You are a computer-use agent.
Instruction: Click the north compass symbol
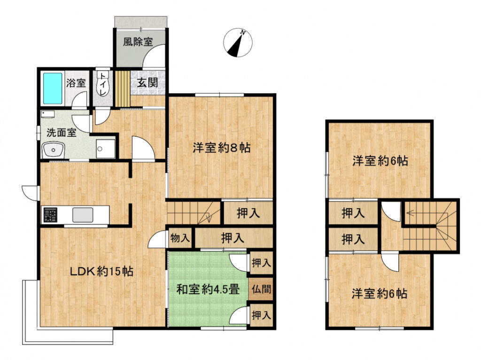pyautogui.click(x=238, y=43)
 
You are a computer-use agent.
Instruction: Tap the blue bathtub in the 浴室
pyautogui.click(x=53, y=88)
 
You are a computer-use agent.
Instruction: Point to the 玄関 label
pyautogui.click(x=147, y=83)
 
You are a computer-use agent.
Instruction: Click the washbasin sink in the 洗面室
pyautogui.click(x=54, y=150)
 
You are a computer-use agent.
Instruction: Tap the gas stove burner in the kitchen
pyautogui.click(x=50, y=215)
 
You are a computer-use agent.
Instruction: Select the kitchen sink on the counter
pyautogui.click(x=83, y=215)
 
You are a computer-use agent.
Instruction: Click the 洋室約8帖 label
pyautogui.click(x=222, y=148)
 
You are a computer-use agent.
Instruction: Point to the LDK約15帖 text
pyautogui.click(x=101, y=271)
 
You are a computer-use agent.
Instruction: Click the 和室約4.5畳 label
pyautogui.click(x=208, y=290)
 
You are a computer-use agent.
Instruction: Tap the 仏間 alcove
pyautogui.click(x=261, y=289)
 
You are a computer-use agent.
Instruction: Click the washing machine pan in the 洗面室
pyautogui.click(x=105, y=149)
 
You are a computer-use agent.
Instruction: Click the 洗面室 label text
pyautogui.click(x=62, y=133)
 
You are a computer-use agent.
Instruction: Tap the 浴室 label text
pyautogui.click(x=76, y=83)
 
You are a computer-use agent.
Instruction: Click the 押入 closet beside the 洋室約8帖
pyautogui.click(x=248, y=213)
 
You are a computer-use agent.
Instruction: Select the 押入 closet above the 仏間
pyautogui.click(x=261, y=263)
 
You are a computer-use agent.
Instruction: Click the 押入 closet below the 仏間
pyautogui.click(x=261, y=315)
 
